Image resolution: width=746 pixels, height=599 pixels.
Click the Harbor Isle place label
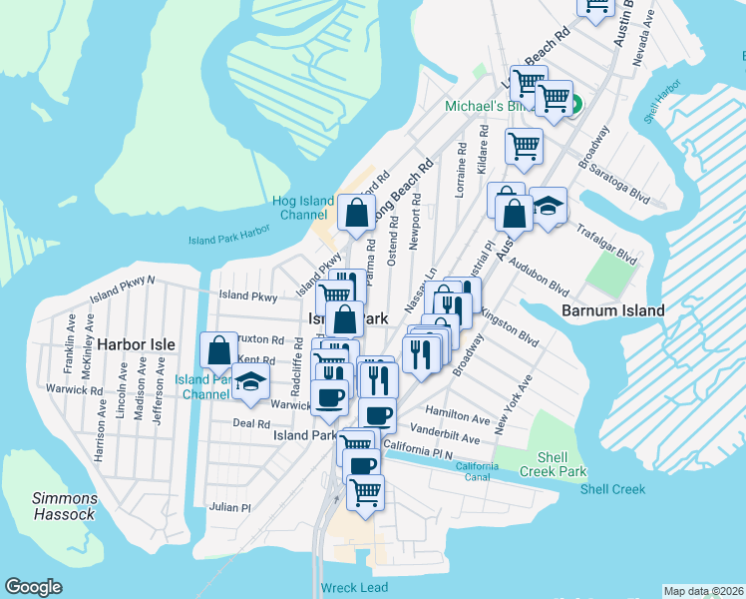[x=136, y=344]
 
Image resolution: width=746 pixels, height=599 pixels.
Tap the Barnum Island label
[x=612, y=310]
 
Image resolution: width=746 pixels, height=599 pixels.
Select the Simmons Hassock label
[x=64, y=506]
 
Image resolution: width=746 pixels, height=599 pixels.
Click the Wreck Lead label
[x=354, y=588]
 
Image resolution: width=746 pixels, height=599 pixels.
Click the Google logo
[x=34, y=587]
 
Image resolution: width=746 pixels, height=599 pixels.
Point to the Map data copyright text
[x=703, y=591]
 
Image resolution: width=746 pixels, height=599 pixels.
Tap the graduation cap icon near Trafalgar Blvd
[x=548, y=206]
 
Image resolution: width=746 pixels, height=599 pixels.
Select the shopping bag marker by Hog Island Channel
[x=356, y=212]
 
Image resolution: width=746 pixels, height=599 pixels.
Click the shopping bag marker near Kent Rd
[x=218, y=350]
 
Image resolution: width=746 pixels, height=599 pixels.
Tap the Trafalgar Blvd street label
[x=606, y=244]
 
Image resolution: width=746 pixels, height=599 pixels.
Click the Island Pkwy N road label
[x=123, y=290]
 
